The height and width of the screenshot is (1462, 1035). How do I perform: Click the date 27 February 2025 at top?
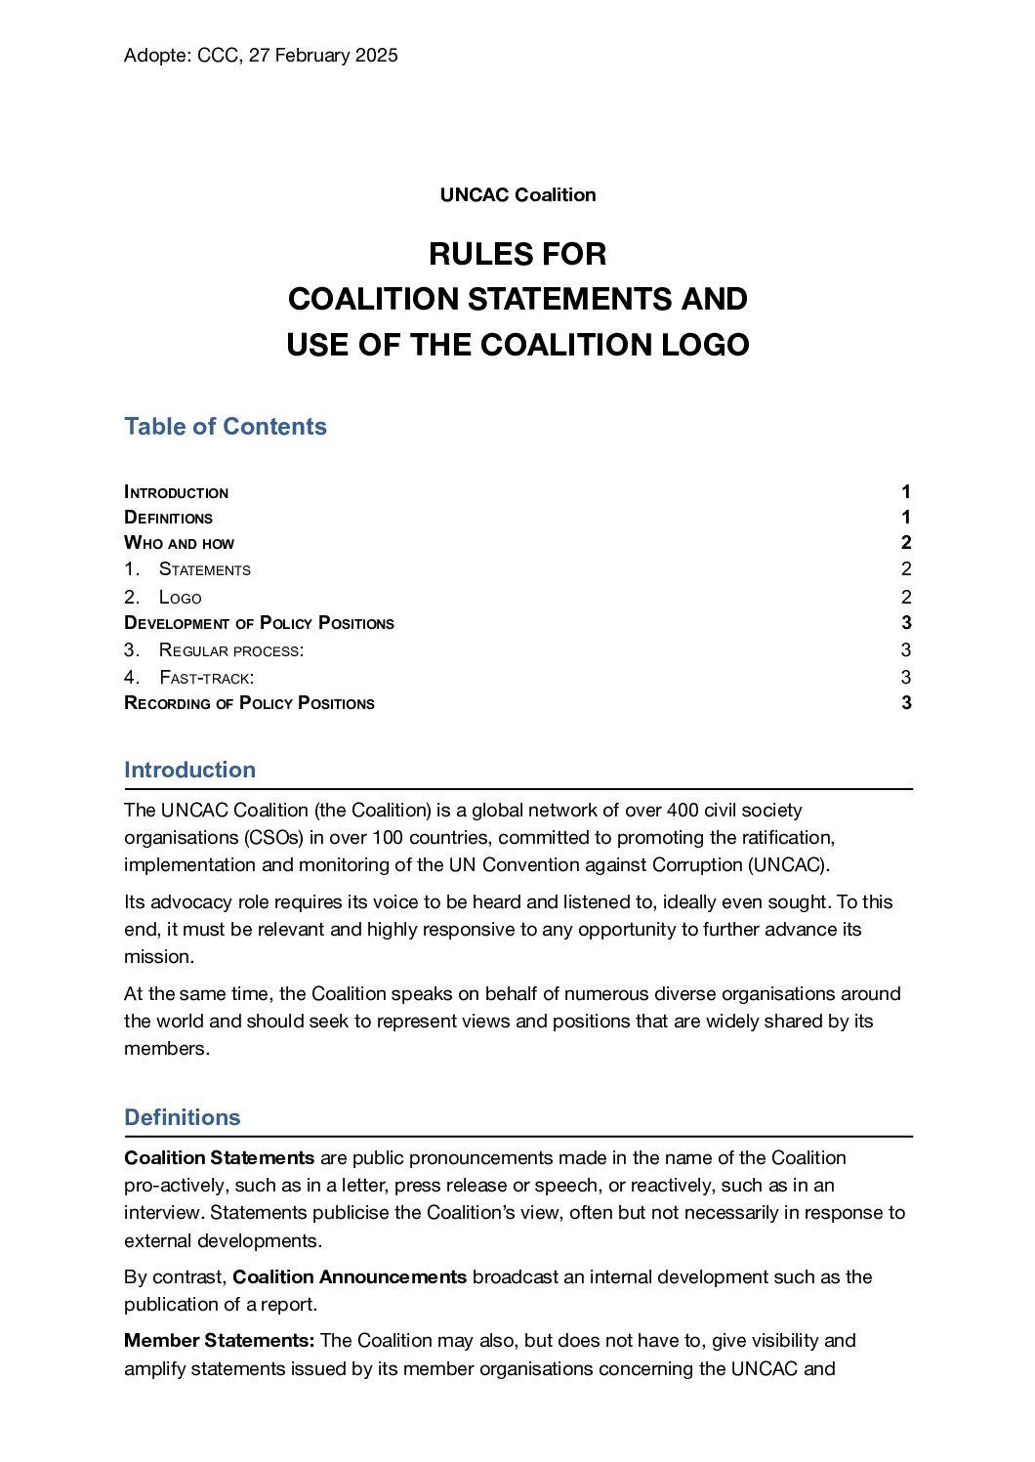(x=323, y=56)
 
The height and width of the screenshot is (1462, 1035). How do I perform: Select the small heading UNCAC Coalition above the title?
(x=517, y=194)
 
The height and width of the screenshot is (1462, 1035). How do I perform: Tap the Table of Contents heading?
(x=226, y=427)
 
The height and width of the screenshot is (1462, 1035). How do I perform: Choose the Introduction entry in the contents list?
(x=177, y=492)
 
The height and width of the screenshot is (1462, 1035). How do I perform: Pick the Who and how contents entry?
(x=180, y=543)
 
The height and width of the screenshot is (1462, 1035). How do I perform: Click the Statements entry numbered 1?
(x=205, y=569)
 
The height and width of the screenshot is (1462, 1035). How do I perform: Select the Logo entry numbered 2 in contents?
(x=181, y=598)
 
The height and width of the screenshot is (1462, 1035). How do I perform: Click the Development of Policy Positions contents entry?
(x=260, y=623)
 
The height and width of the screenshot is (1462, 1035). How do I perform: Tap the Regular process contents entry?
(x=231, y=650)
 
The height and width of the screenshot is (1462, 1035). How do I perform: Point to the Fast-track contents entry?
(x=207, y=678)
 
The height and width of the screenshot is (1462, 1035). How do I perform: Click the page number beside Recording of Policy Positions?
(x=906, y=703)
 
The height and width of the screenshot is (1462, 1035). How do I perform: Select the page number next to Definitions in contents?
(x=906, y=518)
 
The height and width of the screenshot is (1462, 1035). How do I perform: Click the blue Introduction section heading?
(x=190, y=770)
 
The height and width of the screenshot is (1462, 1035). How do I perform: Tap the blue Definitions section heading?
(x=183, y=1117)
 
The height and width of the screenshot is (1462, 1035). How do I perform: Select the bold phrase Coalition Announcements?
(x=350, y=1277)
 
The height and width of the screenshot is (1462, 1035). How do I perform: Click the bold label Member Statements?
(x=219, y=1341)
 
